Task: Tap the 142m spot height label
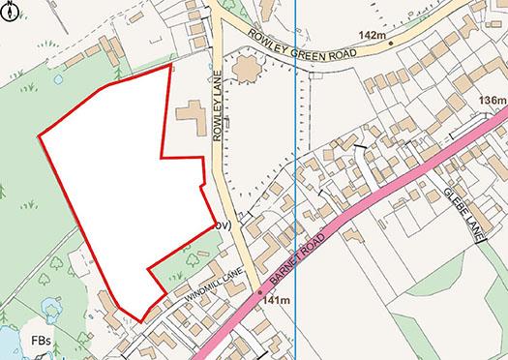click(x=371, y=37)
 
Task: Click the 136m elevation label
click(x=492, y=101)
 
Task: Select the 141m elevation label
click(x=276, y=302)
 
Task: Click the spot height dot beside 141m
click(x=260, y=291)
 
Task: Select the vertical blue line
click(x=294, y=194)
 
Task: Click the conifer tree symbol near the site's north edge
click(x=117, y=72)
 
